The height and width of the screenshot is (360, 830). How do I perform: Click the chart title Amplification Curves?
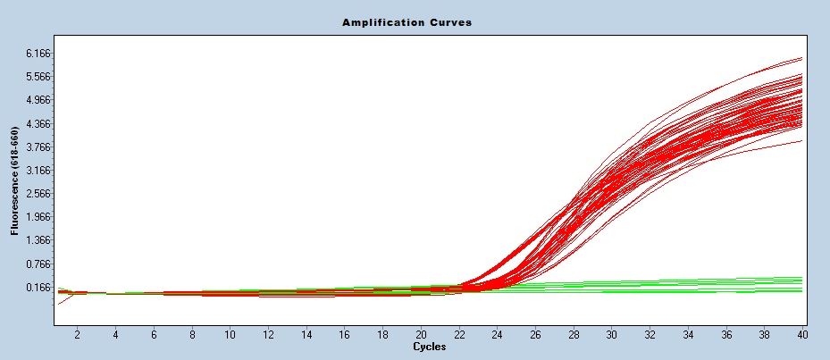coord(407,21)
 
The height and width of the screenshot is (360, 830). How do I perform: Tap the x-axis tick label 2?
coord(77,334)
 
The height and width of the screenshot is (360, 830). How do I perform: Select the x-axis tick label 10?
coord(230,334)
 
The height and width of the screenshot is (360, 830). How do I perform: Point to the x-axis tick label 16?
coord(345,334)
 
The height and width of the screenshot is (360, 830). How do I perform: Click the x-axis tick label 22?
coord(459,334)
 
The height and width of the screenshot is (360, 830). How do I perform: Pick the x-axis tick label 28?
coord(574,334)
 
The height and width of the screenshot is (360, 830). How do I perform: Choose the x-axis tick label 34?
coord(688,334)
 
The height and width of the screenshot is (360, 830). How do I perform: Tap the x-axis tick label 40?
coord(802,334)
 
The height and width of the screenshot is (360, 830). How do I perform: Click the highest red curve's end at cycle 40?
coord(801,58)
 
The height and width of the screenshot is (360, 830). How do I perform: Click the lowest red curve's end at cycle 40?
coord(801,140)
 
